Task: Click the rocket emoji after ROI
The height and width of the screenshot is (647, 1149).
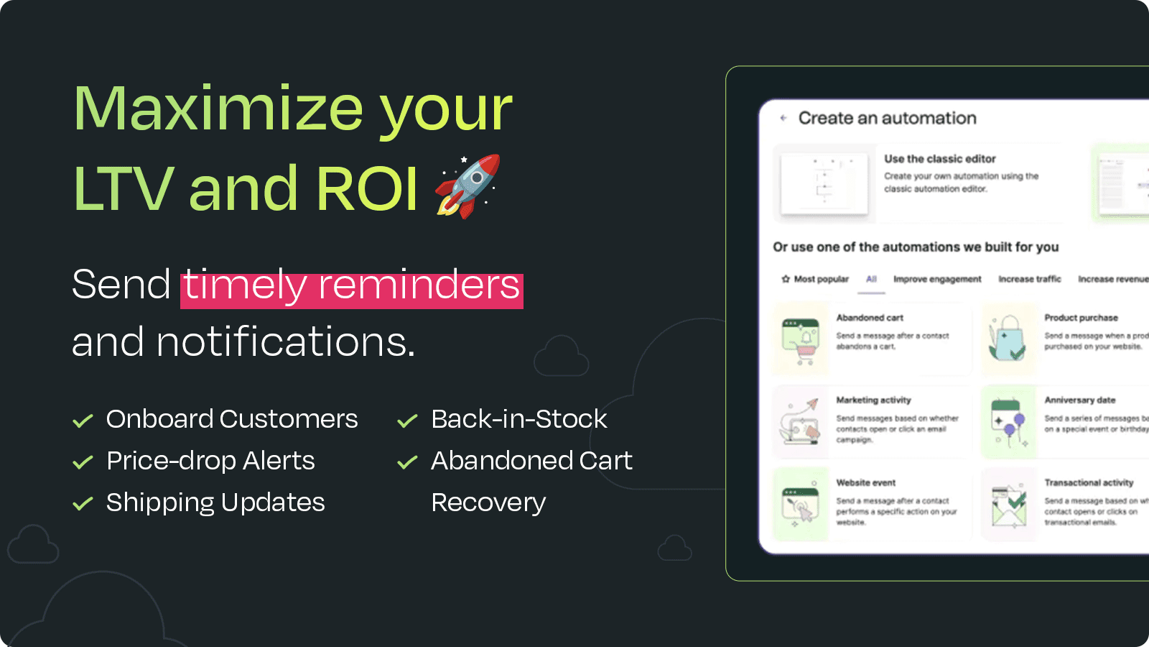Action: tap(467, 186)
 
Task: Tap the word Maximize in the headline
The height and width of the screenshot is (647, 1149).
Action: tap(218, 109)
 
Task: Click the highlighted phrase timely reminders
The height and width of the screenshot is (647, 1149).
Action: tap(351, 285)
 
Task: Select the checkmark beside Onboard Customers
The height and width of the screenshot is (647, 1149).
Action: tap(83, 421)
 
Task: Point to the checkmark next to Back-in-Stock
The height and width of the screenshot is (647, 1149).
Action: tap(407, 421)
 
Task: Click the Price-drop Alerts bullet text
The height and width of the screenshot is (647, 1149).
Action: tap(210, 461)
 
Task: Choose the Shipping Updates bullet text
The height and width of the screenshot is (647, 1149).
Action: tap(215, 503)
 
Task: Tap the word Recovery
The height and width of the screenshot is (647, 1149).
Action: tap(488, 503)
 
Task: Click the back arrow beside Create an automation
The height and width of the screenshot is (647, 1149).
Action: tap(783, 118)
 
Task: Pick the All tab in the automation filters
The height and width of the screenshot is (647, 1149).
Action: tap(871, 279)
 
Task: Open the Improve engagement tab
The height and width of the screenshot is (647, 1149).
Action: tap(937, 279)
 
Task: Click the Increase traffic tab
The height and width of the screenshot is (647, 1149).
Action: tap(1029, 279)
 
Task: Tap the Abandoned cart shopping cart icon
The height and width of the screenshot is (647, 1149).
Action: tap(801, 341)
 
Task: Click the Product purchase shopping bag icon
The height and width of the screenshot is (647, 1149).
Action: tap(1008, 339)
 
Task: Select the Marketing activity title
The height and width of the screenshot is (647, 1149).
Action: tap(873, 400)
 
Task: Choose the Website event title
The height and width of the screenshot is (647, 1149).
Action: tap(865, 483)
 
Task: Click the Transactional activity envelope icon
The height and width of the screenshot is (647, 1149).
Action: tap(1008, 505)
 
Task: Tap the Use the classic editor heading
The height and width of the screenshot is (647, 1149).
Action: tap(939, 159)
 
